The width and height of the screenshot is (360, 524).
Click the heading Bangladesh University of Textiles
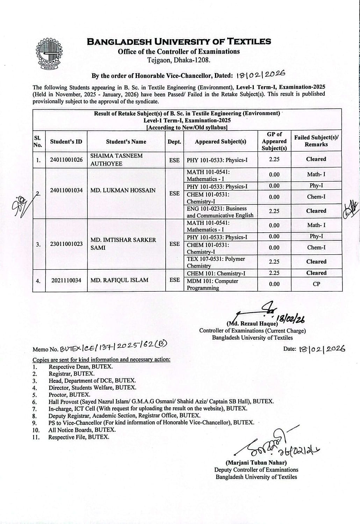(x=179, y=42)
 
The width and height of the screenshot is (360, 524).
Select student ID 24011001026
(x=66, y=160)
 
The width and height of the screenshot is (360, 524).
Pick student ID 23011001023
(x=66, y=244)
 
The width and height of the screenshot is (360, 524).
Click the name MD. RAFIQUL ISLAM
(x=119, y=280)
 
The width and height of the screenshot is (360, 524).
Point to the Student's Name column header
(x=126, y=141)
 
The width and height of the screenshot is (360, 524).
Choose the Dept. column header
(x=174, y=141)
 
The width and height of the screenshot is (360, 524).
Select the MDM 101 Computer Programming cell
(x=221, y=284)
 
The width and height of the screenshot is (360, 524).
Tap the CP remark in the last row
(x=316, y=284)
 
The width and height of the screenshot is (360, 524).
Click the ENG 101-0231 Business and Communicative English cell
(x=221, y=212)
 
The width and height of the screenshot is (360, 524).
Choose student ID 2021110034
(x=66, y=280)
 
